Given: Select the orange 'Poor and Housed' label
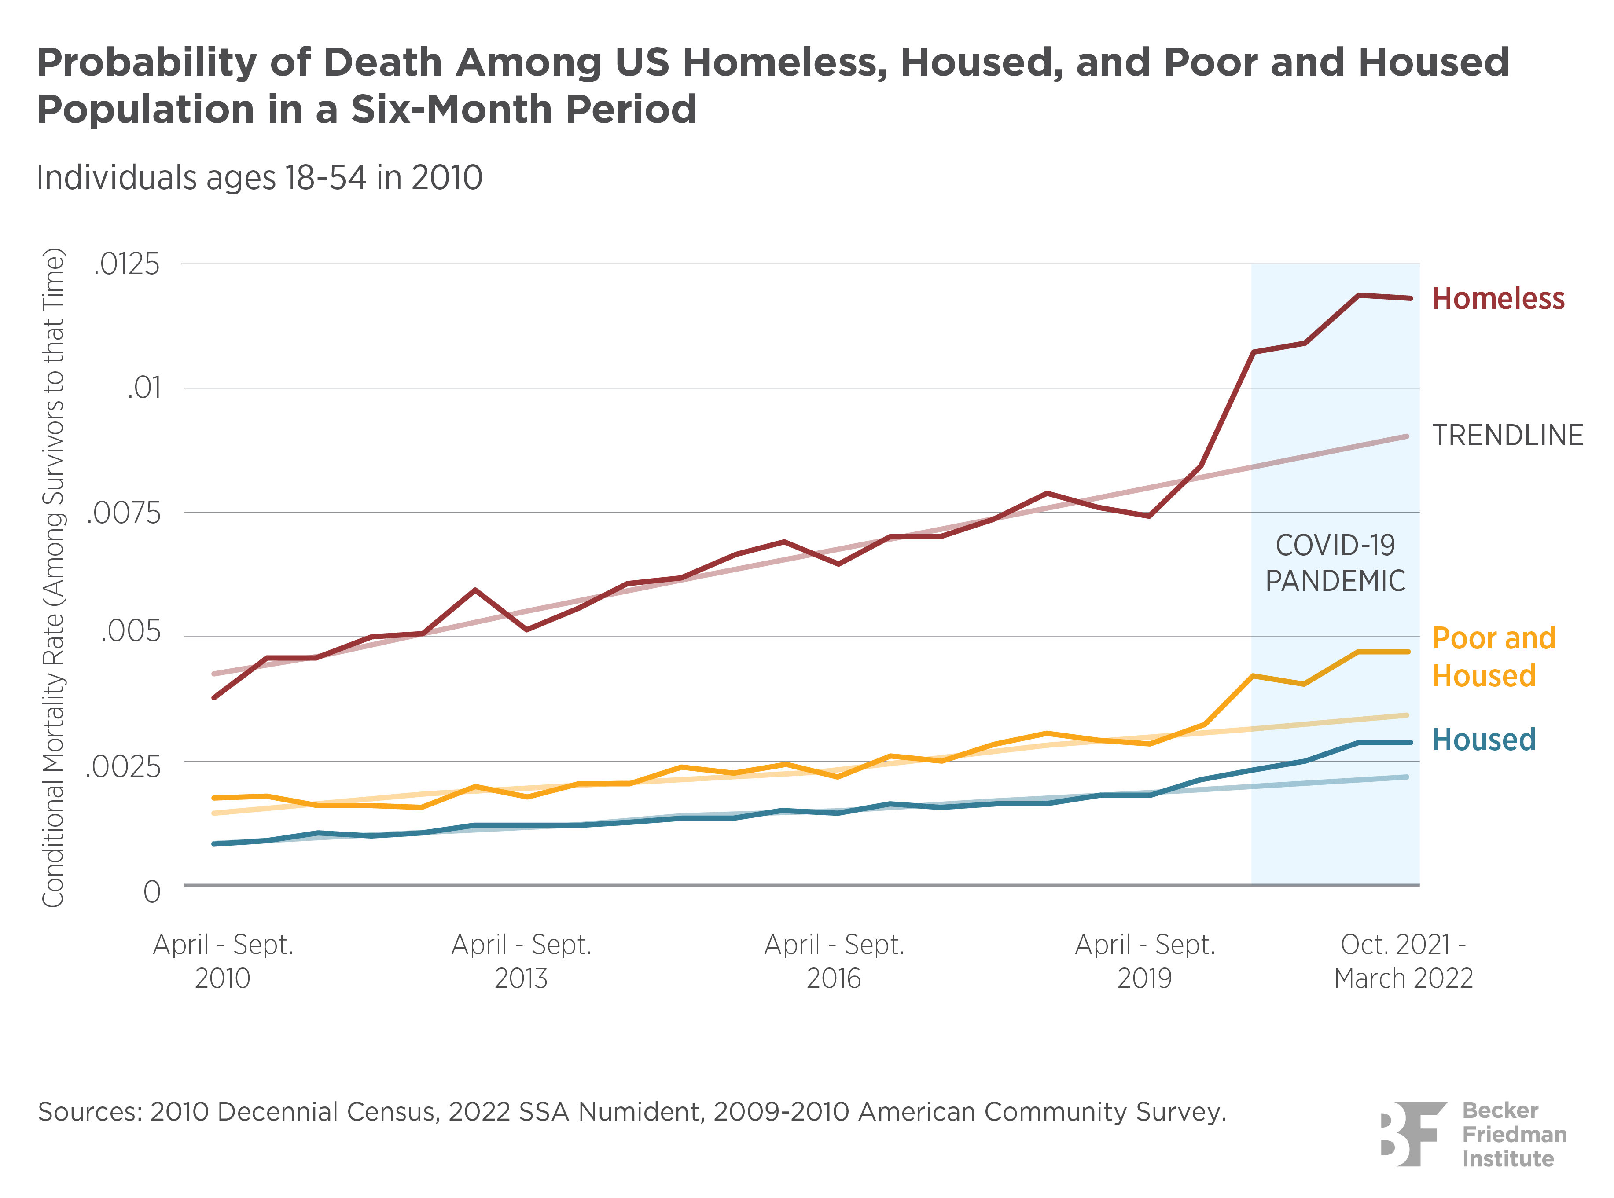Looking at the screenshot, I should tap(1493, 657).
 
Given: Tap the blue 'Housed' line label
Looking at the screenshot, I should tap(1483, 740).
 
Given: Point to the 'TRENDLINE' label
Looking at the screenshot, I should tap(1507, 435).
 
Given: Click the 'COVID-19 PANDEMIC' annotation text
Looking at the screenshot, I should tap(1335, 563).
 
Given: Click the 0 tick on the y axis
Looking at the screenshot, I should tap(151, 892).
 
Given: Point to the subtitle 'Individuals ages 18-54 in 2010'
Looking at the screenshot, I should tap(259, 178).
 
